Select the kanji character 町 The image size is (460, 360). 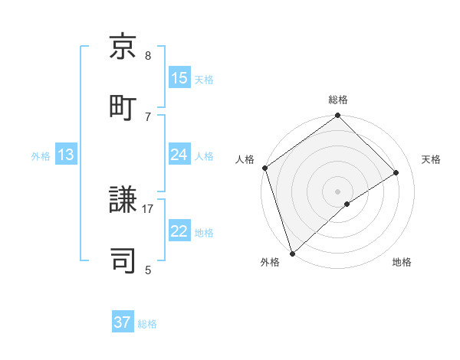click(x=123, y=106)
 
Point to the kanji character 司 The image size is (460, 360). click(x=123, y=260)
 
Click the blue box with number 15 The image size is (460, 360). click(x=179, y=77)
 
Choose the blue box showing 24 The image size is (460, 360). click(x=179, y=155)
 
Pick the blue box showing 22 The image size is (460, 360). click(x=179, y=231)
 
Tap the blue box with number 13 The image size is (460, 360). click(x=66, y=155)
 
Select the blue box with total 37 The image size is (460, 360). click(x=123, y=322)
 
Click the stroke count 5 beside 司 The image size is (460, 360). click(x=148, y=270)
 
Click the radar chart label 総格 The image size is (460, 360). click(x=338, y=100)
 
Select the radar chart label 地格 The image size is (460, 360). click(x=402, y=262)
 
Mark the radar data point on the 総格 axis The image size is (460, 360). click(x=338, y=116)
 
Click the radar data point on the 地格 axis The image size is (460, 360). click(x=347, y=204)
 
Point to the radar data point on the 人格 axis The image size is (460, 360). click(x=264, y=168)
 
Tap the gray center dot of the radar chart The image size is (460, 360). click(x=338, y=191)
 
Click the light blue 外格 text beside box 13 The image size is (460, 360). click(x=41, y=155)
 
